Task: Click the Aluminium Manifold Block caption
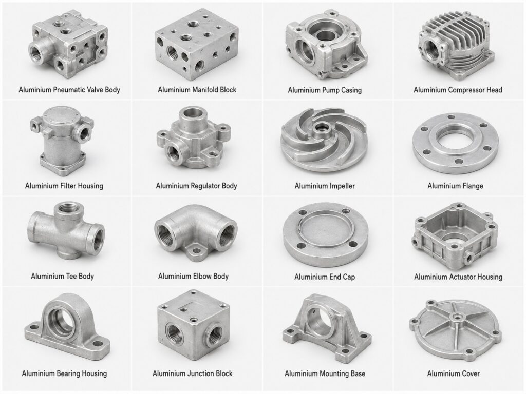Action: click(x=197, y=90)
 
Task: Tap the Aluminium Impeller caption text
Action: click(x=325, y=186)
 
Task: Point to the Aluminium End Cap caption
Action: click(x=325, y=277)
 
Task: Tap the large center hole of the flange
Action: click(x=456, y=141)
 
